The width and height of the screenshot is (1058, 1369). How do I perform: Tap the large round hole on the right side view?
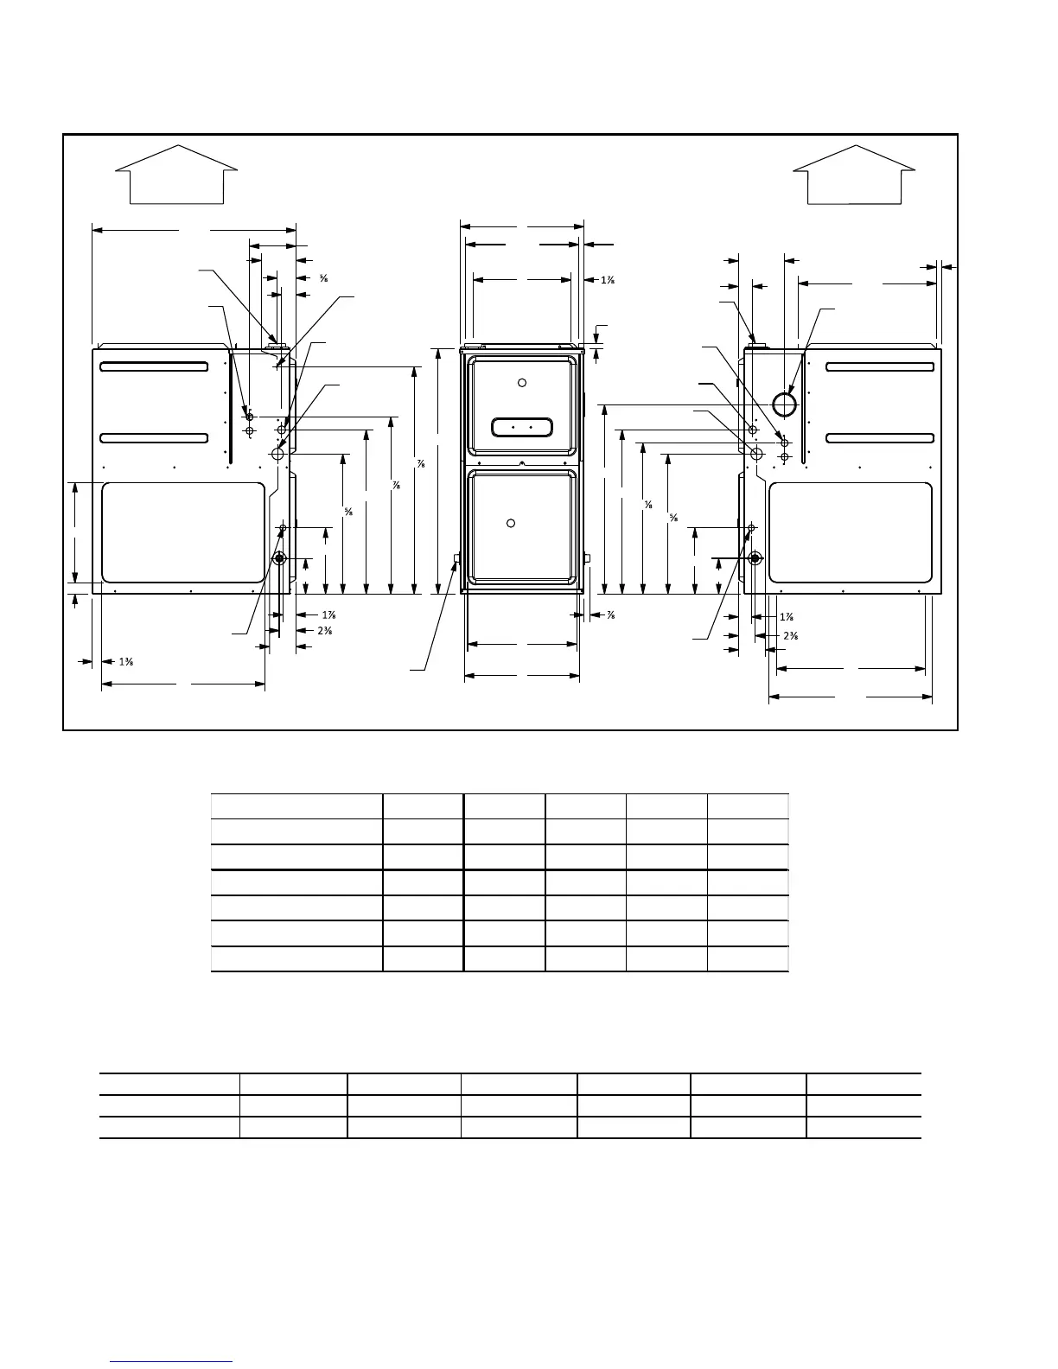tap(784, 404)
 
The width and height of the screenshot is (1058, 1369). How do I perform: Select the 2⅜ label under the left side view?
tap(325, 631)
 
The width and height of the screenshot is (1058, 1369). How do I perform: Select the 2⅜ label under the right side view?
tap(790, 636)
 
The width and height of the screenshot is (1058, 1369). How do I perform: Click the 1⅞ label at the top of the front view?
tap(607, 280)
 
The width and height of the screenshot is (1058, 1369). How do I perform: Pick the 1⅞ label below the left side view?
tap(328, 615)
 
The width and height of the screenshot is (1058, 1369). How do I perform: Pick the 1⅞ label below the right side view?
tap(787, 617)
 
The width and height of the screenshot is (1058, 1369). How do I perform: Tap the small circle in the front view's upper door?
tap(521, 383)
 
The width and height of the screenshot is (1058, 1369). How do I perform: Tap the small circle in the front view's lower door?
tap(511, 523)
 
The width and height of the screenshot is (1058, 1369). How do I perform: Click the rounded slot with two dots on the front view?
tap(521, 427)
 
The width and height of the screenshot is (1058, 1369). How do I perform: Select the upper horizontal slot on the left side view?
tap(154, 366)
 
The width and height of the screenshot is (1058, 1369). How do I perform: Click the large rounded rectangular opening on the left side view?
tap(183, 532)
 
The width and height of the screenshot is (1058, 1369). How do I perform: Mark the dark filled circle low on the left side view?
tap(279, 559)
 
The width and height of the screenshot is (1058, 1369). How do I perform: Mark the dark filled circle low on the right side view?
tap(755, 558)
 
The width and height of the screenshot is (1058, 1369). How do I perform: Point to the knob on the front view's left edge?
tap(457, 559)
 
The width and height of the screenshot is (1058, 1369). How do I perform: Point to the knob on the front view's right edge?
tap(587, 558)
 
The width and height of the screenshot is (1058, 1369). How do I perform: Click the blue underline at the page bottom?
tap(172, 1362)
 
